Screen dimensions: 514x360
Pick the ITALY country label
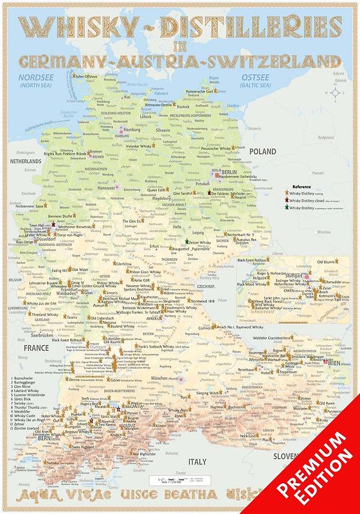(x=197, y=461)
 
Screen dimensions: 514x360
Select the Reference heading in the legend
(x=301, y=185)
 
